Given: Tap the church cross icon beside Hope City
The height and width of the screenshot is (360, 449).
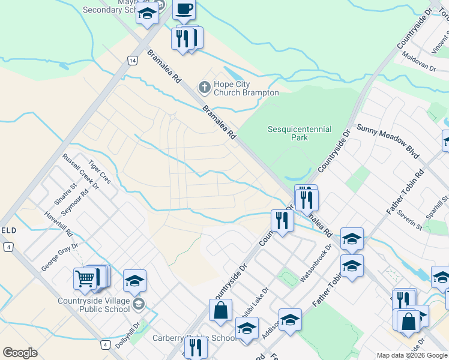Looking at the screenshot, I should [204, 88].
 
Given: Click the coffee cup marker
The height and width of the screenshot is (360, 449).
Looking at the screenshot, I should [184, 10].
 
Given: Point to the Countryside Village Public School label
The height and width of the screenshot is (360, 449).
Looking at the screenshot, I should [94, 305].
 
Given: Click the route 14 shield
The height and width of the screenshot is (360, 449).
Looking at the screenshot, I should [132, 60].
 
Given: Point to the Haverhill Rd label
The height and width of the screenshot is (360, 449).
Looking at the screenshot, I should [58, 223].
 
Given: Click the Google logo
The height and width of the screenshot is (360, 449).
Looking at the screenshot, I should [20, 353].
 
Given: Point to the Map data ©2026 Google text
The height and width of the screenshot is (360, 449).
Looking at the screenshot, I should [411, 355].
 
